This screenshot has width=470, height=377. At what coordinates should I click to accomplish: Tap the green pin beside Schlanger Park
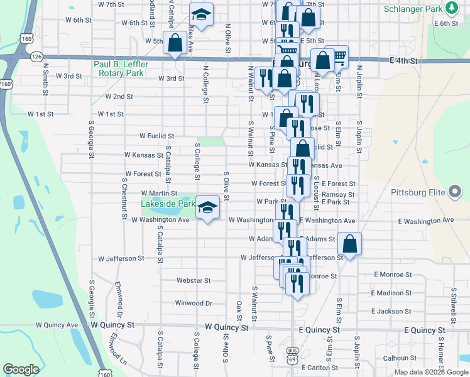451,8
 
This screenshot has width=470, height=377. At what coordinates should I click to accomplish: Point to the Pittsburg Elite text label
417,192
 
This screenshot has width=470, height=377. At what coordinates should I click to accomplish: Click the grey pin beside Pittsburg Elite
454,193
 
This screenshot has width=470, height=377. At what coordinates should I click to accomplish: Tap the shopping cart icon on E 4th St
338,57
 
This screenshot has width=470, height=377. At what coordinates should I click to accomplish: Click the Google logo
21,369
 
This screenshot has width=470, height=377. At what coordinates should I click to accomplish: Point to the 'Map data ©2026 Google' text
430,372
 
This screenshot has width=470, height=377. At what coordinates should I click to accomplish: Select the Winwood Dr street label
194,303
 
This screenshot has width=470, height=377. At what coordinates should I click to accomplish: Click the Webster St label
193,280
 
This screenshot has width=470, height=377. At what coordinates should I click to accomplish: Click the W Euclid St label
156,136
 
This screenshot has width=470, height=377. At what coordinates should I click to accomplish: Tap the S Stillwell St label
453,300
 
